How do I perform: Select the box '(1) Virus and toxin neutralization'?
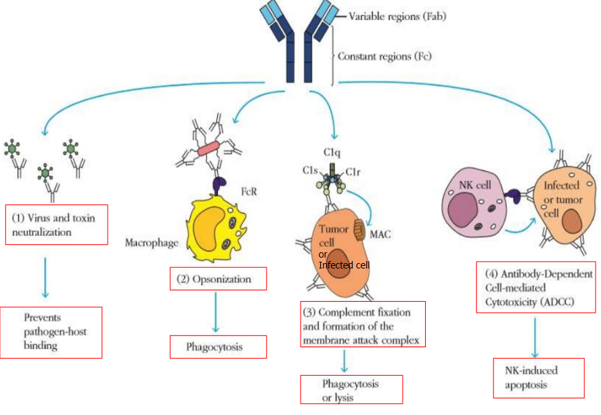click(x=57, y=224)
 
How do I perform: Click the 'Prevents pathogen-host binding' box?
click(x=51, y=332)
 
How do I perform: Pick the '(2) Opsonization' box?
click(x=217, y=279)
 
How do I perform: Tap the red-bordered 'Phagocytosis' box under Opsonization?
click(x=217, y=347)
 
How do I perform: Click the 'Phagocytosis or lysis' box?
click(x=351, y=389)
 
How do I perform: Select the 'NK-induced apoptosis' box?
click(x=537, y=378)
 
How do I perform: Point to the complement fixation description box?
click(x=364, y=324)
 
